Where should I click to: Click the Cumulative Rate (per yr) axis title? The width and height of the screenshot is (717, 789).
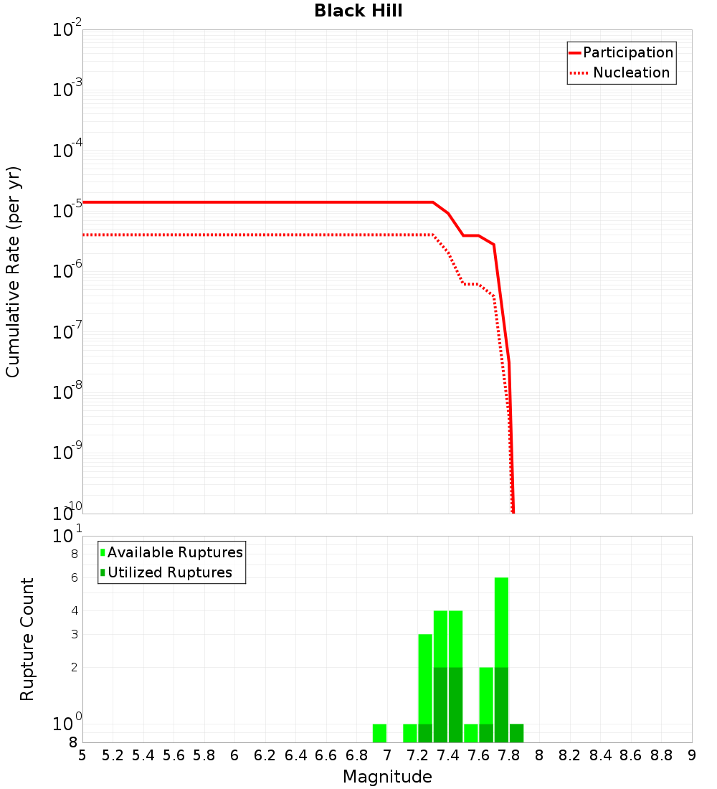[13, 271]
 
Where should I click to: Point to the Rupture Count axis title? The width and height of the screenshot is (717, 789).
[27, 638]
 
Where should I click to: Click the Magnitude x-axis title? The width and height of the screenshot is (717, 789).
[387, 777]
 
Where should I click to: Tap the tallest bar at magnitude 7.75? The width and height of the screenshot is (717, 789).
[501, 660]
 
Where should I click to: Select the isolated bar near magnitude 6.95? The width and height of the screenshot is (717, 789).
[379, 733]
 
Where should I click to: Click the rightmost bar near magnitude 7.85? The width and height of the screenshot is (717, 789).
[516, 733]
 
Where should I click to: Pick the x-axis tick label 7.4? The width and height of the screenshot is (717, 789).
[448, 755]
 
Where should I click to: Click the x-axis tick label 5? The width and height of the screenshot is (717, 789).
[82, 755]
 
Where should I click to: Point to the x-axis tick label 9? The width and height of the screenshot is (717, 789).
[692, 755]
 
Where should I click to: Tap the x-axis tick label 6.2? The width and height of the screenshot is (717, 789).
[265, 755]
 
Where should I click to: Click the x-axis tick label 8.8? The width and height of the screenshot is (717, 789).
[661, 755]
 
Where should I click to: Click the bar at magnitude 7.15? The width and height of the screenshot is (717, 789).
[409, 733]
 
